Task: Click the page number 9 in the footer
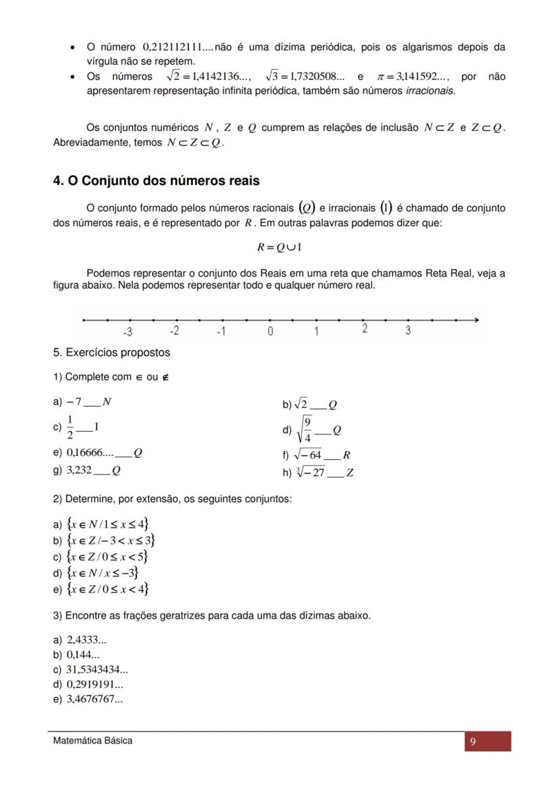coord(473,742)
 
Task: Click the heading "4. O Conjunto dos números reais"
coord(156,181)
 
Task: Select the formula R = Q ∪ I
coord(279,247)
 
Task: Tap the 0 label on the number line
coord(270,331)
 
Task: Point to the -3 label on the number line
coord(127,331)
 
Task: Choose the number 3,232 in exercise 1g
coord(78,470)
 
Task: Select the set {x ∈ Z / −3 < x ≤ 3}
coord(111,540)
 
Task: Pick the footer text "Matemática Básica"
coord(93,740)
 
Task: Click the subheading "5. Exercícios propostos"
coord(111,353)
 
